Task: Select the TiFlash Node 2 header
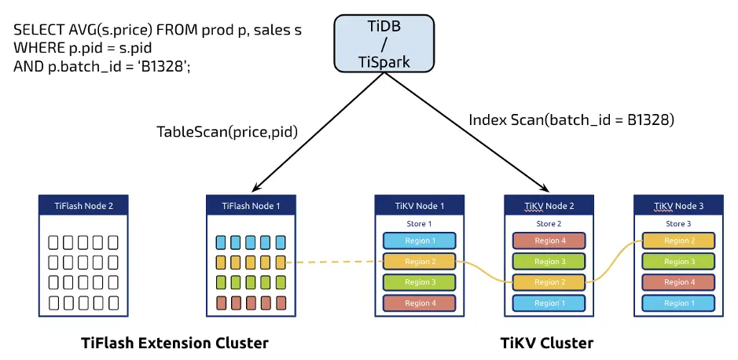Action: click(83, 206)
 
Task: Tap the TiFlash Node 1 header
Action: click(251, 206)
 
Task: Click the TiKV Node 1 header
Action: click(420, 206)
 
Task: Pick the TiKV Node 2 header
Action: click(549, 206)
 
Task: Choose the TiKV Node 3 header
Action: click(677, 206)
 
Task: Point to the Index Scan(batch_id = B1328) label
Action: click(571, 120)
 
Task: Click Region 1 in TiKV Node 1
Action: click(420, 241)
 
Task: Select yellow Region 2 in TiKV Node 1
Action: click(420, 262)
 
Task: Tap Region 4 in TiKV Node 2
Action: click(549, 241)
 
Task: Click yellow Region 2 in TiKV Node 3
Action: click(677, 241)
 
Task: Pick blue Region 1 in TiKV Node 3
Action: click(677, 303)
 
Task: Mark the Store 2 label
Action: click(549, 224)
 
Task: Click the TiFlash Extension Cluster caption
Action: click(174, 343)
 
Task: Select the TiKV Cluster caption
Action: click(547, 343)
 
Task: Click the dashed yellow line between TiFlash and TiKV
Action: click(334, 262)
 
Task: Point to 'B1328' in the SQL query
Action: click(164, 66)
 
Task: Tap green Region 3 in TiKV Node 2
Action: click(549, 262)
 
